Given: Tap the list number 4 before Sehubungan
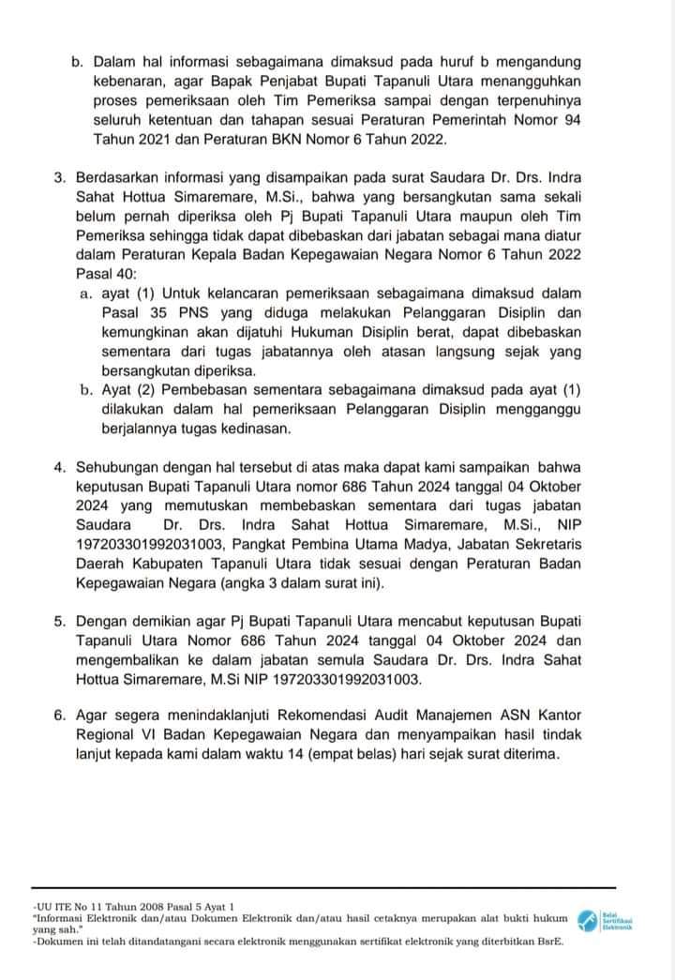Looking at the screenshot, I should tap(59, 464).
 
